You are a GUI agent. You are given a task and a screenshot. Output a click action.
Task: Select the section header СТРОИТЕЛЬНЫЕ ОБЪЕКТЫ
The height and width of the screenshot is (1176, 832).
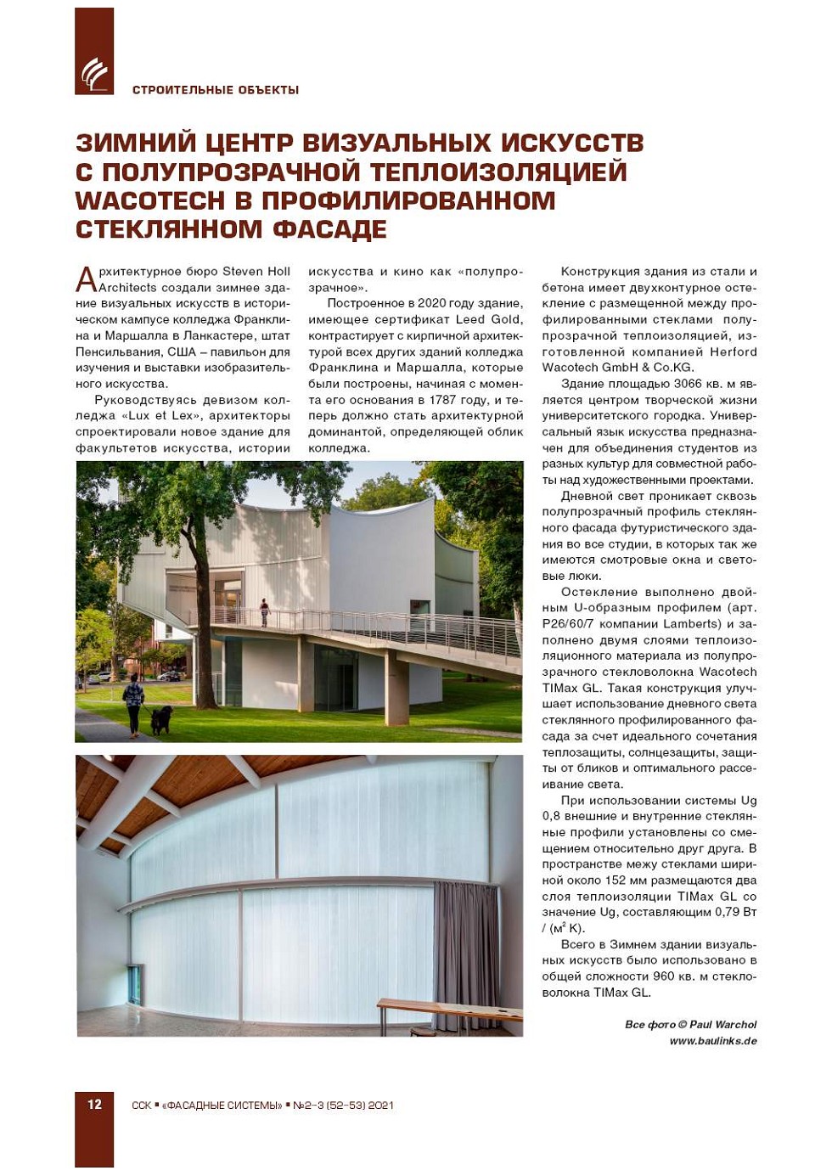(x=216, y=90)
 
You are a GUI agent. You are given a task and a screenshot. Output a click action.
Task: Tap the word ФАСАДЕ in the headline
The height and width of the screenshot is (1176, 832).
(x=330, y=230)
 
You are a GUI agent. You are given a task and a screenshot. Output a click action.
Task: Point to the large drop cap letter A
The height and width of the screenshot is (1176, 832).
(x=86, y=279)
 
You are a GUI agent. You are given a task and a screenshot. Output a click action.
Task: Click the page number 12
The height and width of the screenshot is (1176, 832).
(x=94, y=1104)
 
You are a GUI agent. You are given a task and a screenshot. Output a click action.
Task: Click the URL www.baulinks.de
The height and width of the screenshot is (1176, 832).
(x=713, y=1041)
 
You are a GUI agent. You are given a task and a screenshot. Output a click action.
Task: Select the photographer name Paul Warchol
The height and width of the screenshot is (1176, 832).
(x=722, y=1025)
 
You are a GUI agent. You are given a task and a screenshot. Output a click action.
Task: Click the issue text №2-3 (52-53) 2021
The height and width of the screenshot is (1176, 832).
(x=343, y=1106)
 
